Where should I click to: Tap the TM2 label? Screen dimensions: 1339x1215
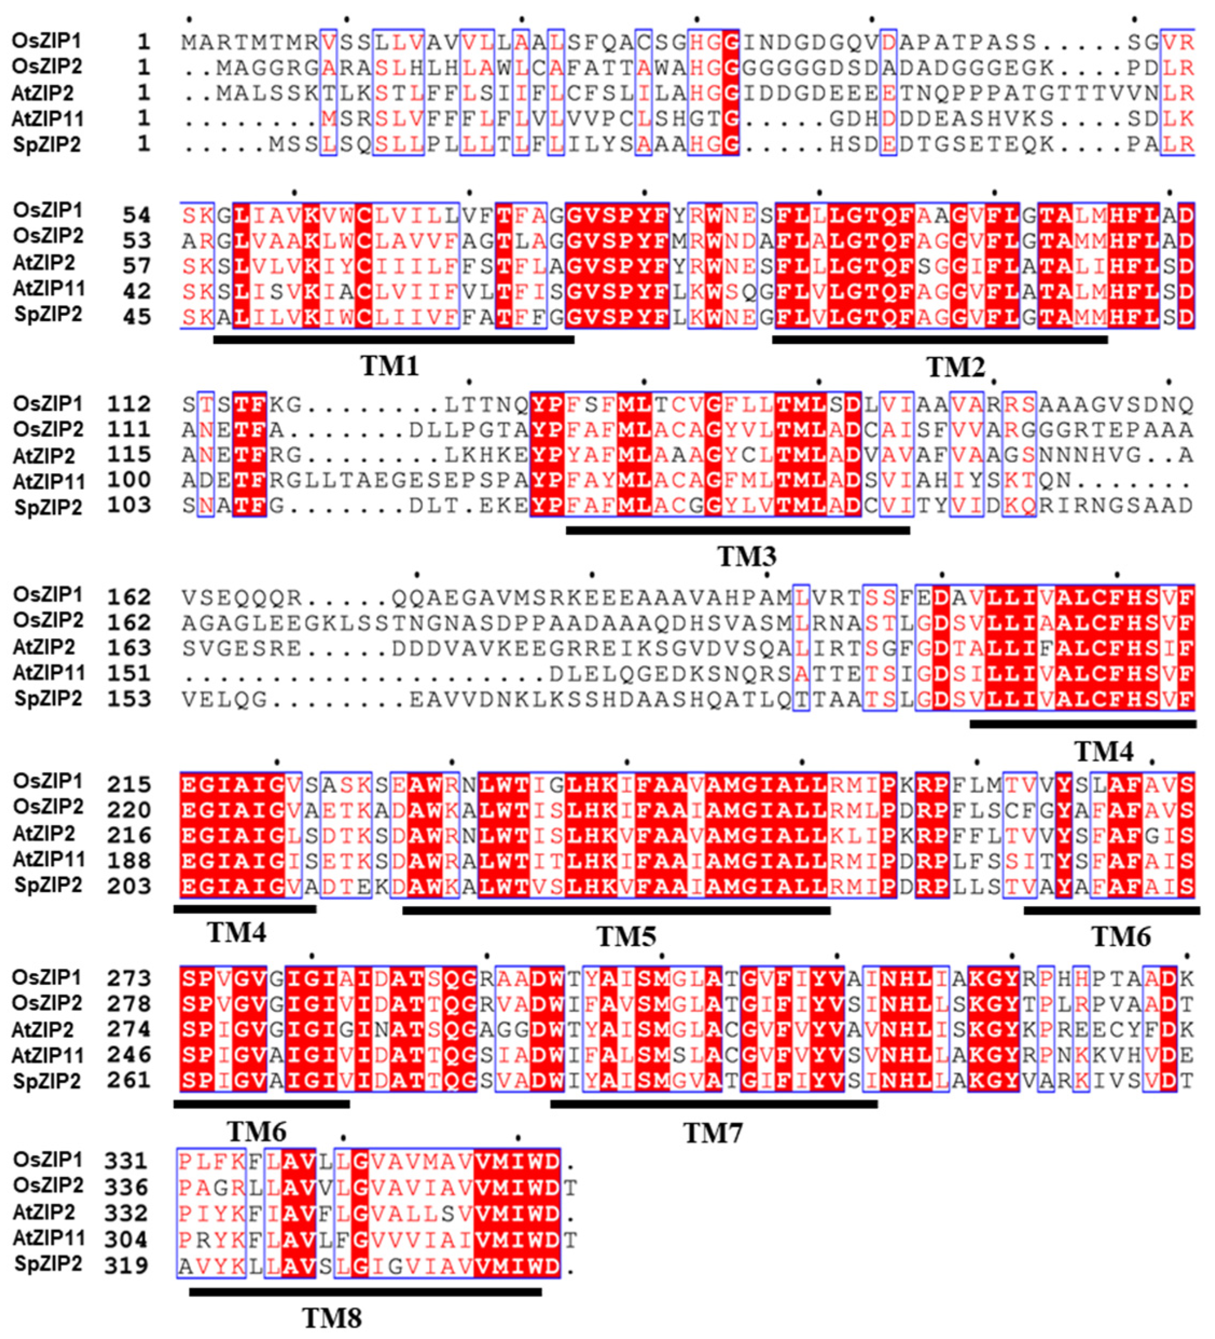coord(955,367)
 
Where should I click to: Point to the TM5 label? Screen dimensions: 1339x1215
coord(626,937)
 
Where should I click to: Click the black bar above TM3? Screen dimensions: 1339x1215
coord(738,530)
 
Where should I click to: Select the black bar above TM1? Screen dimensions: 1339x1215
coord(394,340)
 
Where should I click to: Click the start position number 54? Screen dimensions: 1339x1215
coord(136,215)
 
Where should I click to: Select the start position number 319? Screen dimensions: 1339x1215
coord(126,1265)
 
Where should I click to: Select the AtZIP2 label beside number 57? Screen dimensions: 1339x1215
coord(43,264)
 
